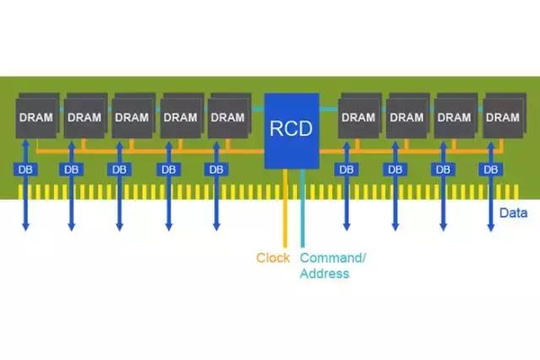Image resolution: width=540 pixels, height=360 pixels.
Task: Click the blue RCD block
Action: [291, 129]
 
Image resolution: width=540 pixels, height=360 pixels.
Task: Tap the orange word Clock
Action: [273, 258]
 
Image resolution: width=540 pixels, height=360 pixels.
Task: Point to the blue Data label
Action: [513, 213]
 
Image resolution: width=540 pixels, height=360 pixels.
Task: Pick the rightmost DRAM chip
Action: [504, 117]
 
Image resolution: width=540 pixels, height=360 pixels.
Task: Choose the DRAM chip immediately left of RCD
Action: [228, 117]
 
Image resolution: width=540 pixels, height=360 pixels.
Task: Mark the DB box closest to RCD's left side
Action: [216, 169]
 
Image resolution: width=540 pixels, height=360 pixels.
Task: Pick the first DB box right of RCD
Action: [346, 169]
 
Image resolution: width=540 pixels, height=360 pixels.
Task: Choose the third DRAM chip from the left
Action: [132, 117]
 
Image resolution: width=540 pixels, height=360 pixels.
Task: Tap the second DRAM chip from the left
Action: [84, 117]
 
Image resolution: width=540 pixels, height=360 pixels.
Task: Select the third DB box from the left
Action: [119, 169]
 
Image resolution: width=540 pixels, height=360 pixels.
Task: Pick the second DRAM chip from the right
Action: [456, 117]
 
